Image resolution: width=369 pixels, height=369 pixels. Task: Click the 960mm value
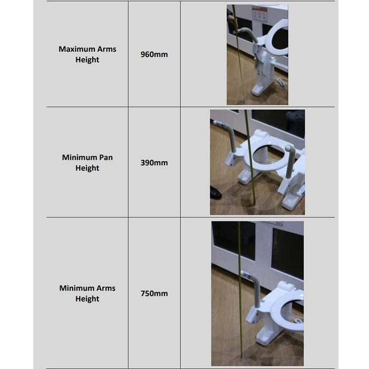pos(154,54)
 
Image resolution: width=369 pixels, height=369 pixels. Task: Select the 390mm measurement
pos(154,162)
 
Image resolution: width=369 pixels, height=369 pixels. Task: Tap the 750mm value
pos(154,294)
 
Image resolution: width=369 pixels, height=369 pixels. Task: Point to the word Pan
pos(106,157)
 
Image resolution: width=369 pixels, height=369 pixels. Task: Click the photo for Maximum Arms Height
pos(257,55)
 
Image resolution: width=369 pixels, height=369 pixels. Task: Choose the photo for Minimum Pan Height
pos(257,162)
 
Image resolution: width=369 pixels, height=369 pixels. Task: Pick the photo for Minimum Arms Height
pos(257,294)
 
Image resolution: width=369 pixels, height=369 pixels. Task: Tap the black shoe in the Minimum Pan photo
pos(215,192)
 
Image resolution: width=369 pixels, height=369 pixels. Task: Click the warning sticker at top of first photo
pos(259,13)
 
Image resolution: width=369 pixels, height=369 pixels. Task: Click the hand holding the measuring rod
pos(232,22)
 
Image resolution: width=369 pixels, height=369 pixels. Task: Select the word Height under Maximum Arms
pos(88,60)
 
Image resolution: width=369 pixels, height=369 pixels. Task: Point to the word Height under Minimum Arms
pos(88,299)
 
